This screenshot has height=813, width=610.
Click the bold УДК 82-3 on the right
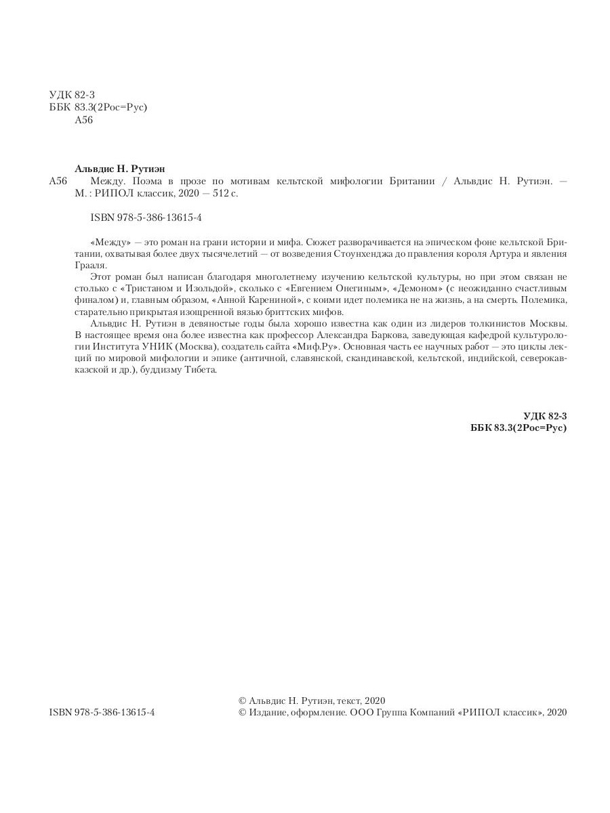[x=545, y=416]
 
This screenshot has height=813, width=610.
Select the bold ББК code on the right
[x=518, y=428]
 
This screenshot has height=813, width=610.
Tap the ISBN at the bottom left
[x=102, y=713]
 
